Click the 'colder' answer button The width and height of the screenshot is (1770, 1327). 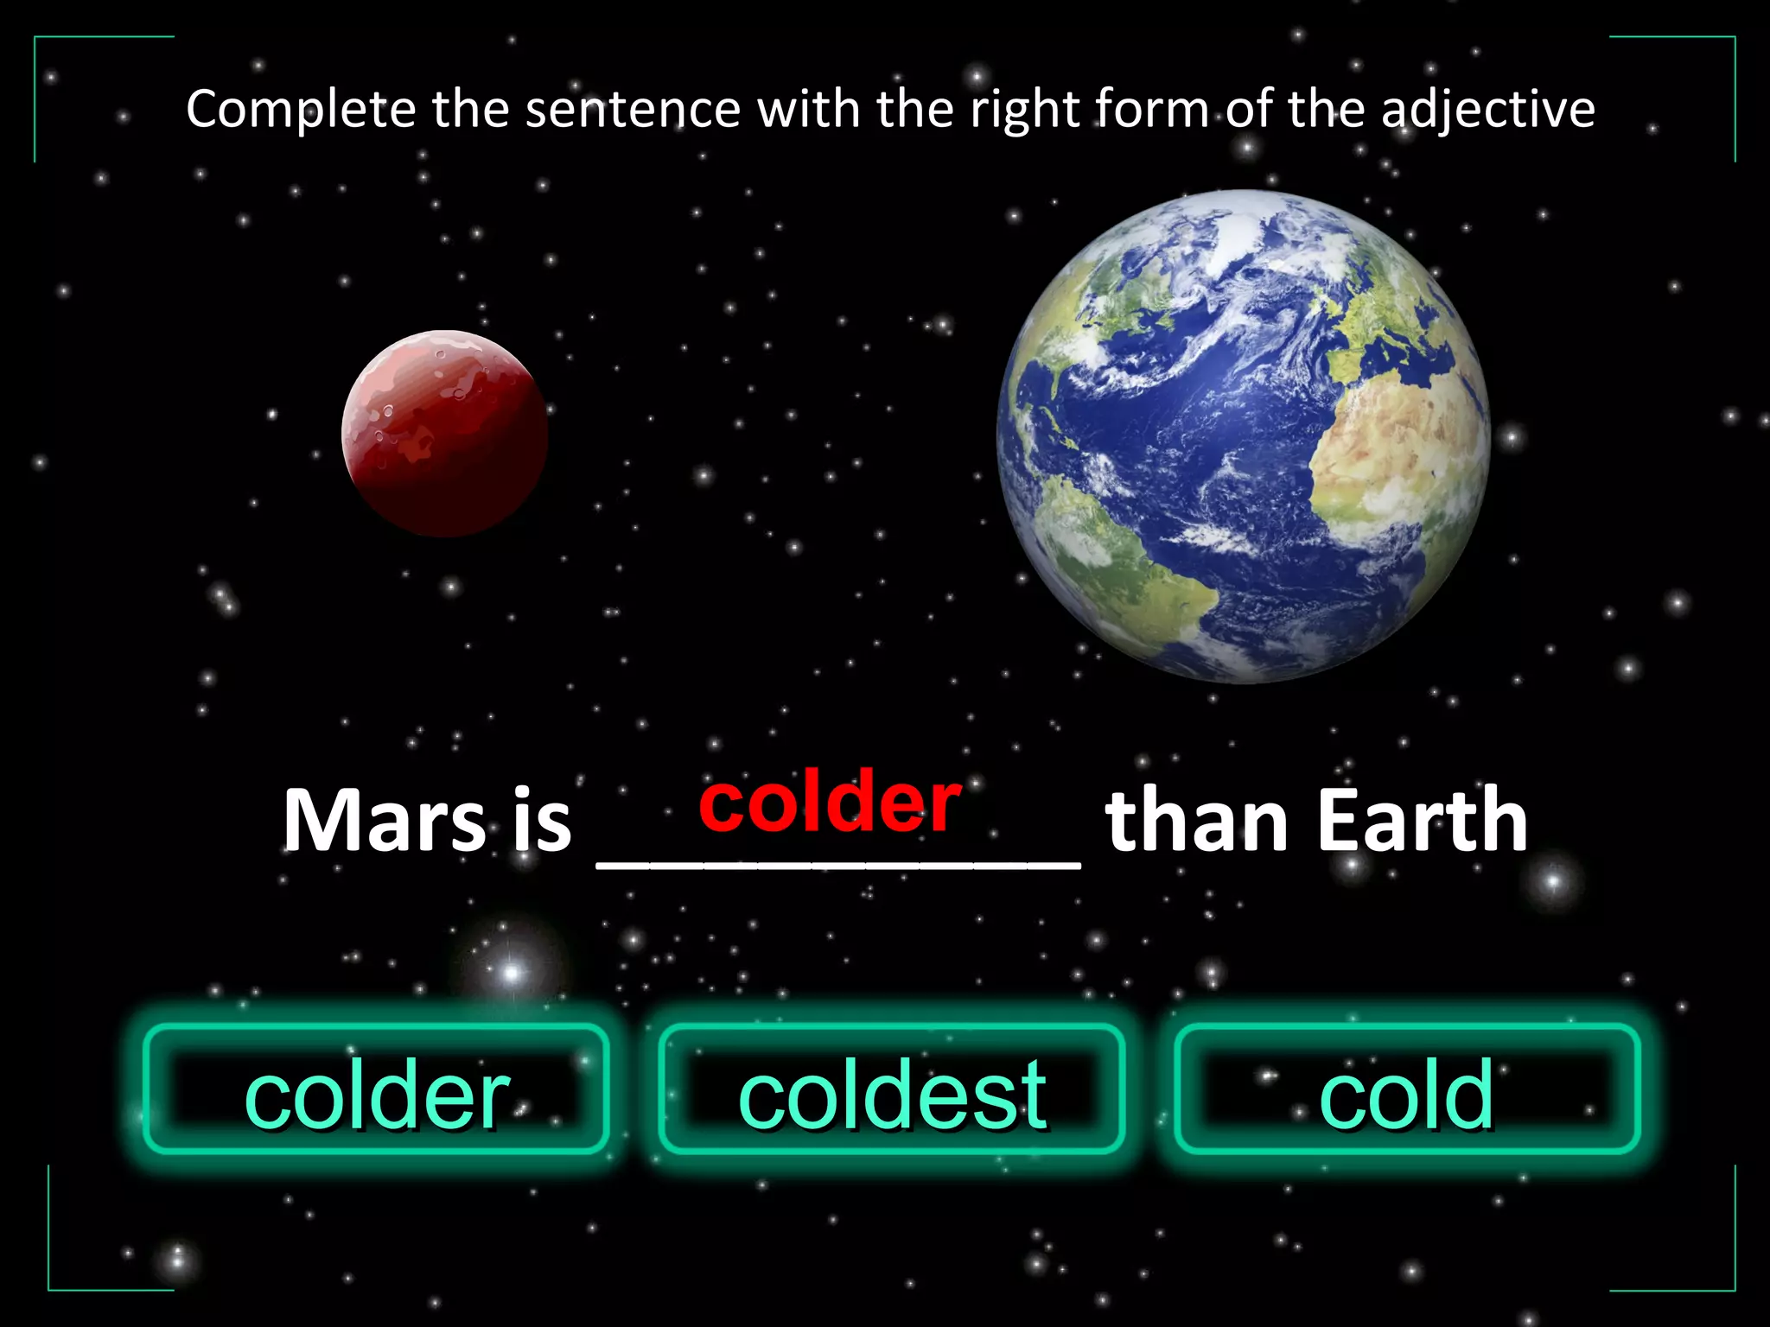click(376, 1090)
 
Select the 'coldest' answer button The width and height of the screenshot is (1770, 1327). click(891, 1090)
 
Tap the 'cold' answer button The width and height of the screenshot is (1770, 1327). click(1406, 1090)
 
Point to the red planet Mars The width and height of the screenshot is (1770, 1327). click(444, 433)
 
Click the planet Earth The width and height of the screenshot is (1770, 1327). click(1243, 436)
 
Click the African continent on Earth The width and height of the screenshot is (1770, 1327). click(1391, 449)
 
